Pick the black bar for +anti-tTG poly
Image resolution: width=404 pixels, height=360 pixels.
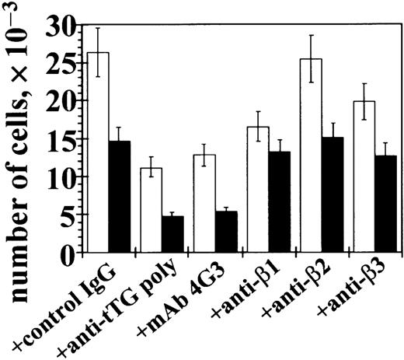pos(172,234)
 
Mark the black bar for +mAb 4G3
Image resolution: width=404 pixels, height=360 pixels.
pos(225,232)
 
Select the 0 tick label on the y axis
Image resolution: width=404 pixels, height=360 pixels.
pos(70,252)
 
